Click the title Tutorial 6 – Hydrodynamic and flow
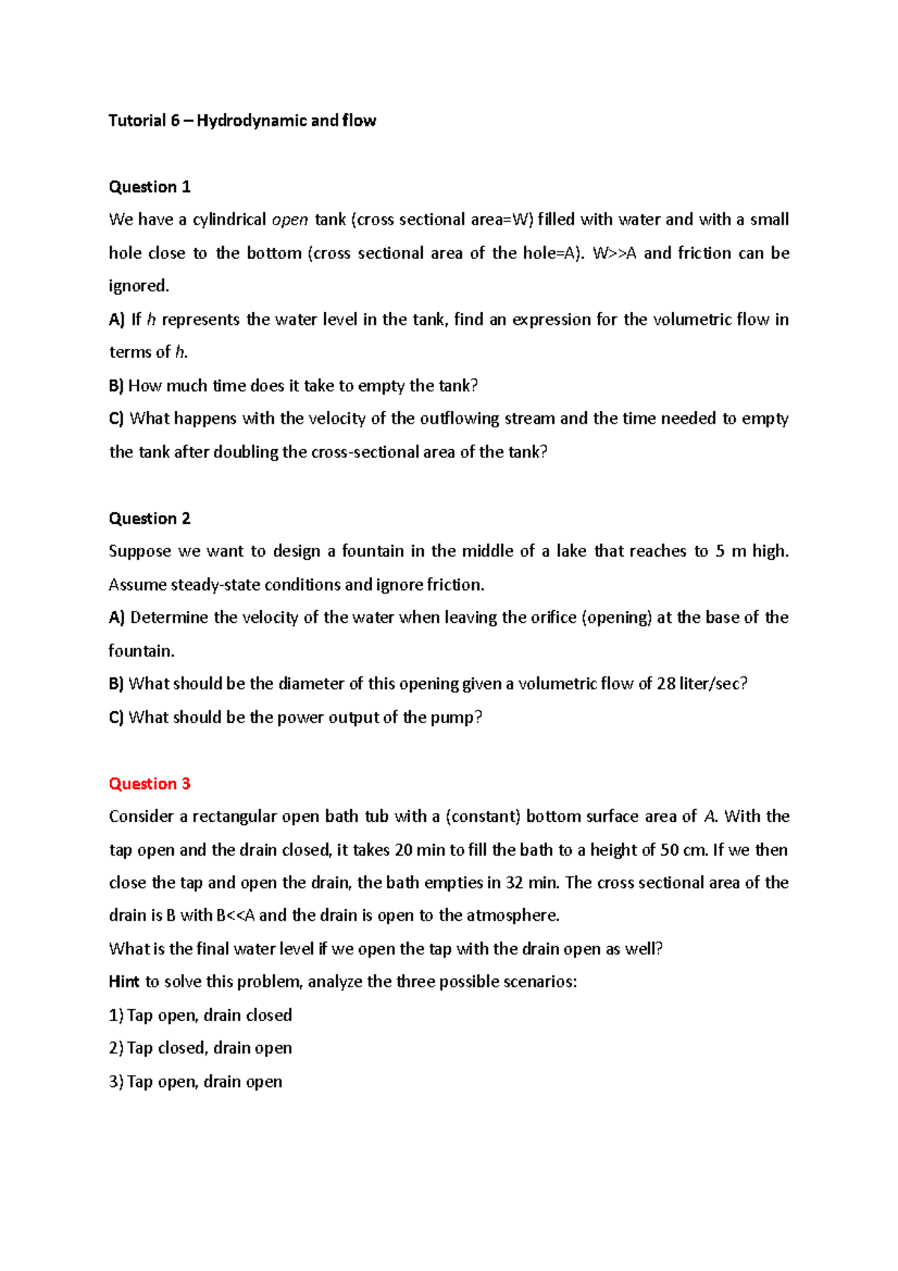click(x=242, y=121)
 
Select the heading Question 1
click(x=150, y=186)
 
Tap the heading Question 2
click(x=150, y=518)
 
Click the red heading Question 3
click(x=150, y=784)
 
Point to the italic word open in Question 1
click(x=290, y=220)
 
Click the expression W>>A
click(x=614, y=253)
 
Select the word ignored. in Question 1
click(x=139, y=286)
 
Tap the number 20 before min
click(x=404, y=850)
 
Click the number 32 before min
click(x=514, y=883)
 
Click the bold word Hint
click(x=124, y=982)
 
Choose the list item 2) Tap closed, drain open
click(x=201, y=1048)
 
